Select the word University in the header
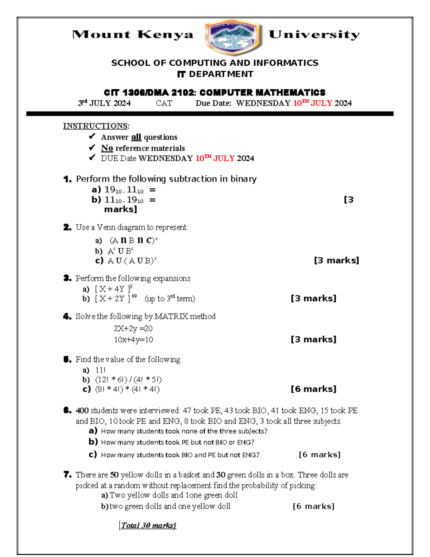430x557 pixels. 314,35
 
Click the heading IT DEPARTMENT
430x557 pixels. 215,74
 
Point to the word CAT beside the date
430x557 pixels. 164,103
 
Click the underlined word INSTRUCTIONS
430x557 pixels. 96,126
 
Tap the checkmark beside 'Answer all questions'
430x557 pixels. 92,136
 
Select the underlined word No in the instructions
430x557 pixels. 107,148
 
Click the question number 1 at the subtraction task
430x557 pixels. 67,179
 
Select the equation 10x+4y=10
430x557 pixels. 133,340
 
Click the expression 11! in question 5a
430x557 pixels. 100,370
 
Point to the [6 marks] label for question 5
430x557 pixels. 313,389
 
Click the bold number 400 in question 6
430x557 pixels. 82,411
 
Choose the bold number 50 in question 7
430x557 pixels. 114,475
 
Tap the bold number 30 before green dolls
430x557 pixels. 221,475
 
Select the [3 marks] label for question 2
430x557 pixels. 336,260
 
